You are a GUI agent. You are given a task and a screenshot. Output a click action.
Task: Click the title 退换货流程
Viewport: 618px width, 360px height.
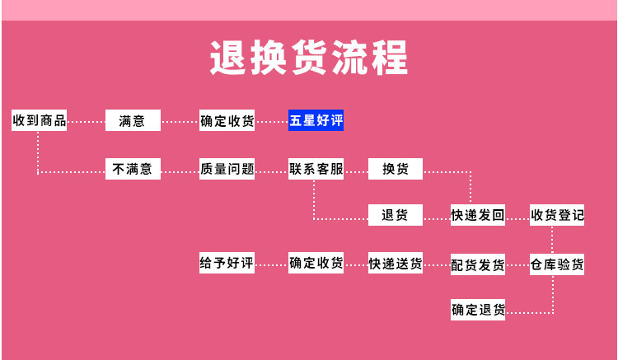click(309, 58)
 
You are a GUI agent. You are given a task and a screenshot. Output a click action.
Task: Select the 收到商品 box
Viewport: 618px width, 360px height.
click(39, 120)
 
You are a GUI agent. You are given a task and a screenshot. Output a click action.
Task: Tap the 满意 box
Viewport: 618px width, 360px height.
click(133, 120)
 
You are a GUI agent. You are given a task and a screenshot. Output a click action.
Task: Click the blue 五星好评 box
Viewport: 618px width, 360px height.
click(316, 120)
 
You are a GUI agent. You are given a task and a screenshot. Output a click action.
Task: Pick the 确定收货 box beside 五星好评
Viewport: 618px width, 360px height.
click(227, 120)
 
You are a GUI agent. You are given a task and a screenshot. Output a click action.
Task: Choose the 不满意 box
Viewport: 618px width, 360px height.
click(133, 169)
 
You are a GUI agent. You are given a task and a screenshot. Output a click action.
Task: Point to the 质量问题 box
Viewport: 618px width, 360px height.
click(227, 169)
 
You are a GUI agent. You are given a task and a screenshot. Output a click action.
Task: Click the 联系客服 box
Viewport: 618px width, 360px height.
click(316, 169)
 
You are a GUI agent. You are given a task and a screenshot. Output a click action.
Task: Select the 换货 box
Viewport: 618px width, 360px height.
click(395, 169)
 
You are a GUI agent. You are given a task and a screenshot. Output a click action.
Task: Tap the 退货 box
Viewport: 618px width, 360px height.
click(395, 215)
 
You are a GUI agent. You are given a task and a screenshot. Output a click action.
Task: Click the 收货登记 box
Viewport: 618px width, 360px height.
click(557, 215)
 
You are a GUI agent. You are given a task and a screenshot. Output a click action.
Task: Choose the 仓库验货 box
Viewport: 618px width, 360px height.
click(557, 264)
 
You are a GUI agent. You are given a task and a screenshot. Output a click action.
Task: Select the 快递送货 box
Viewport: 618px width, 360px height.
click(396, 264)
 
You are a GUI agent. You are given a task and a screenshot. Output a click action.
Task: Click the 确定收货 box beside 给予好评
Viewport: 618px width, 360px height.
click(316, 264)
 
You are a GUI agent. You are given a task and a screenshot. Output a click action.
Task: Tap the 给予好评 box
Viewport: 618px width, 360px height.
click(227, 264)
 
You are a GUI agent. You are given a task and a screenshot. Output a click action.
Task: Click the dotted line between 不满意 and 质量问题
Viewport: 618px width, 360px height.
click(180, 171)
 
